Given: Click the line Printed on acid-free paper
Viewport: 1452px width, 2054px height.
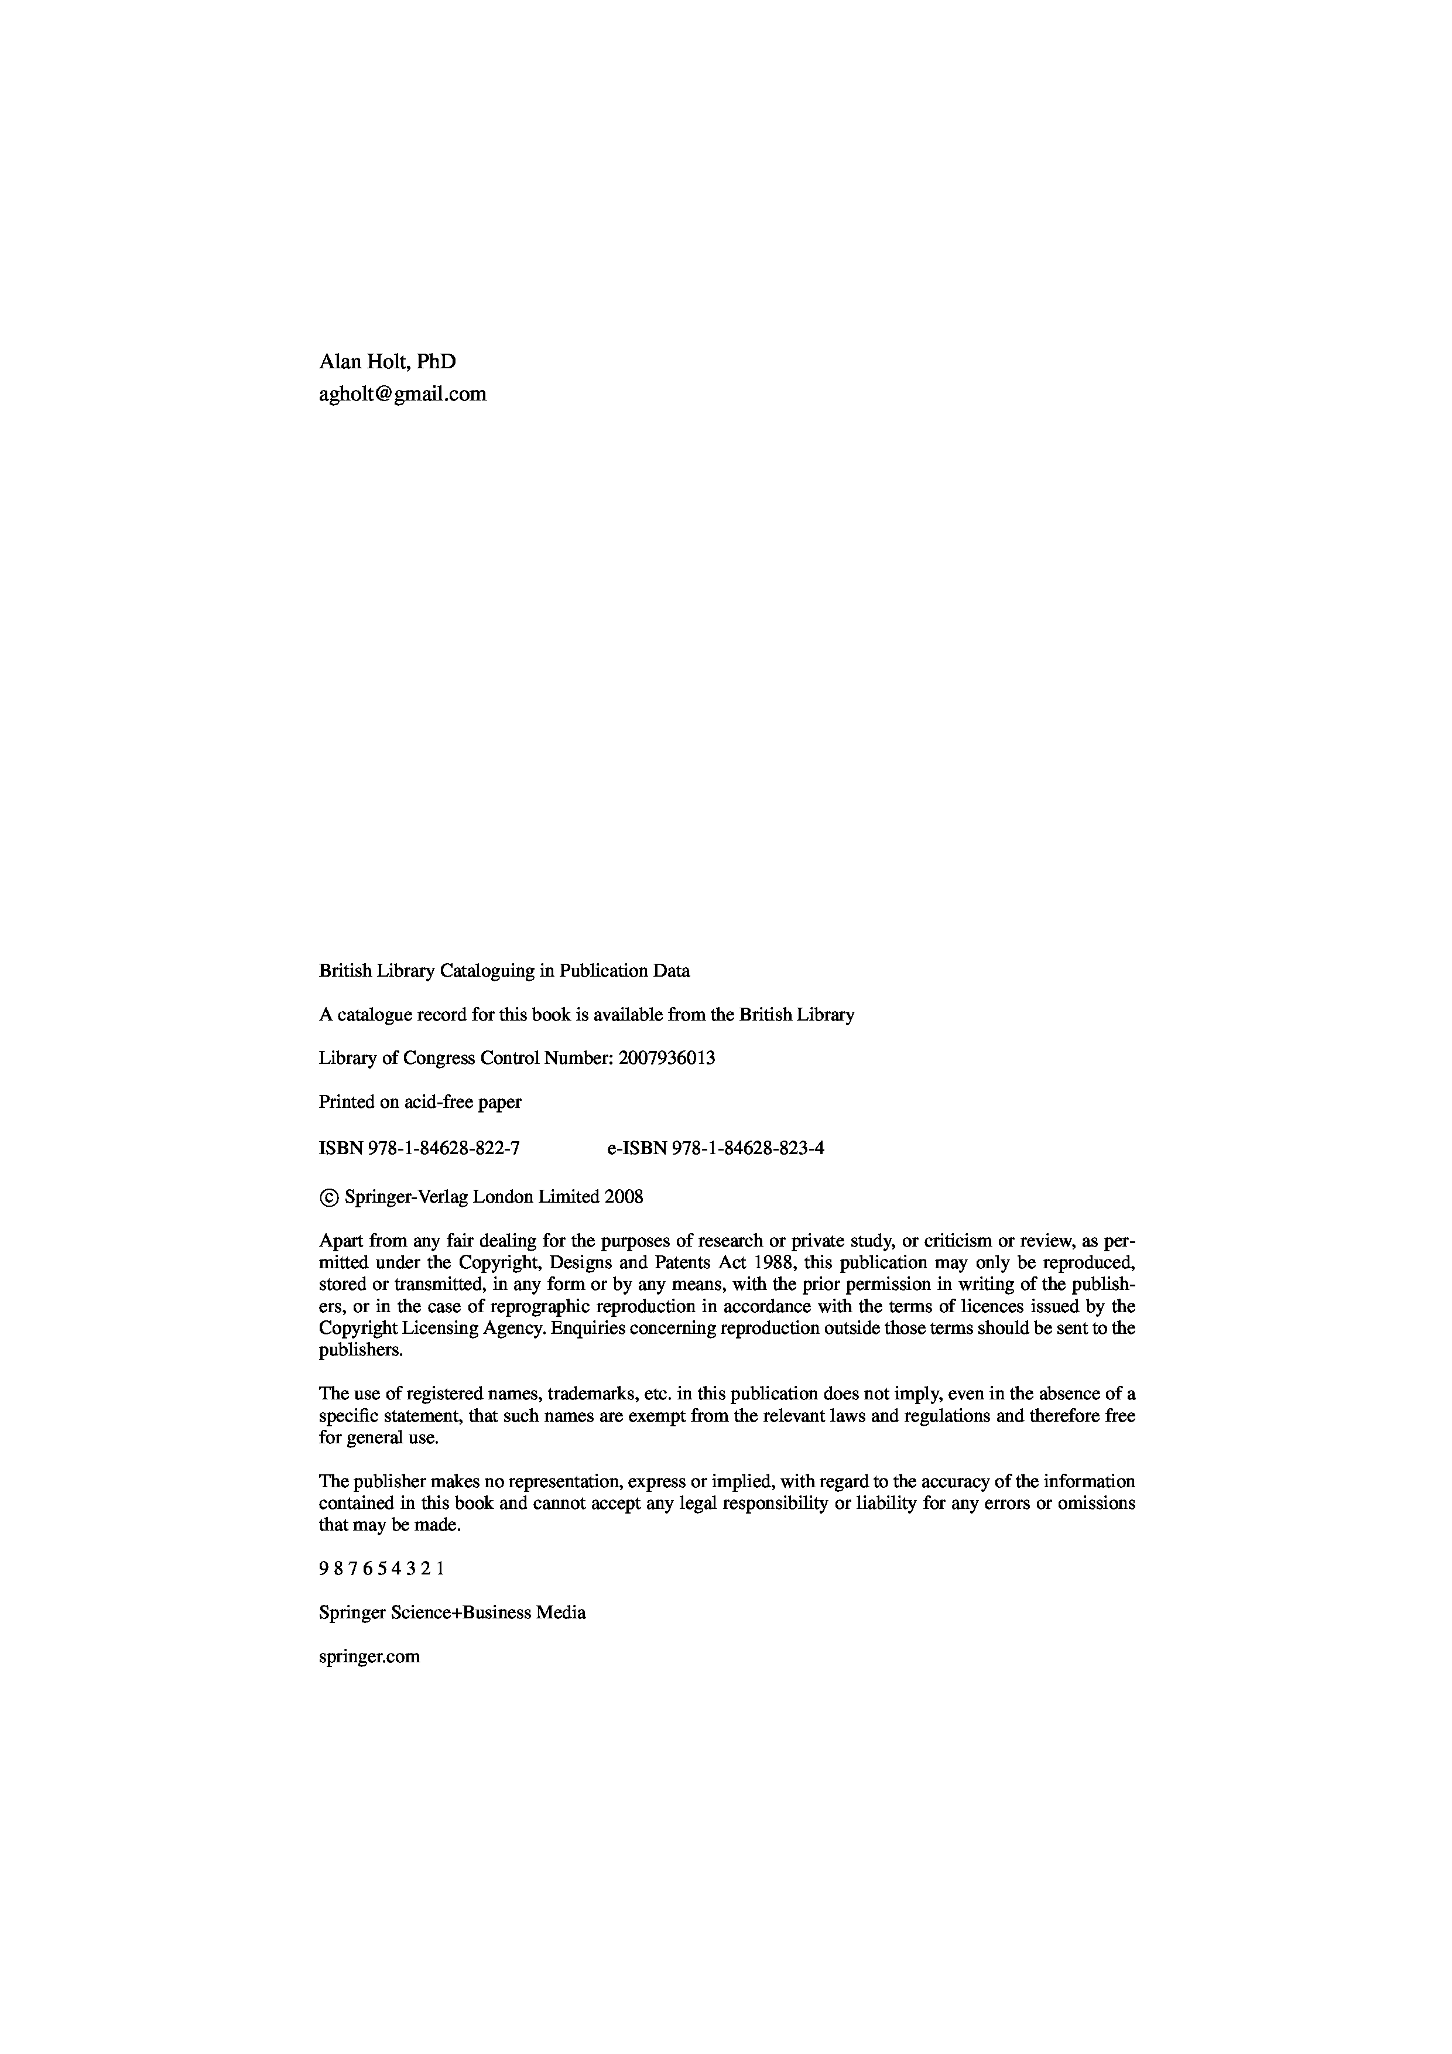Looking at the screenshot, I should click(420, 1102).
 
